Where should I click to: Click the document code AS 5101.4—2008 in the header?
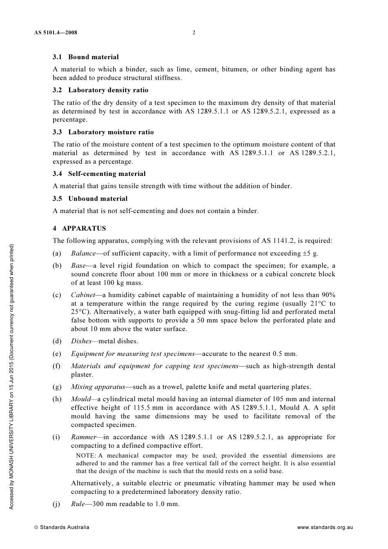point(56,33)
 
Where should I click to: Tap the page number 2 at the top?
point(194,33)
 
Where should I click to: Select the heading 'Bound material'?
point(93,57)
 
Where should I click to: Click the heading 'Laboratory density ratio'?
point(108,90)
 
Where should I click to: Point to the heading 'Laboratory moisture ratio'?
point(111,132)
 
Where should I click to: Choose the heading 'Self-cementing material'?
point(107,174)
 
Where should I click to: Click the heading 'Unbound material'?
point(98,199)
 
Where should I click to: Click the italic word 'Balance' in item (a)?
point(83,253)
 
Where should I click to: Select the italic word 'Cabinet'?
point(83,295)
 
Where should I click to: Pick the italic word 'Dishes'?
point(81,341)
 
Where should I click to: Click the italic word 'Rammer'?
point(84,437)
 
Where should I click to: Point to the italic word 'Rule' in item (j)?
point(78,504)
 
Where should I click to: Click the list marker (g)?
point(57,387)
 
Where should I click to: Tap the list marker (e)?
point(57,354)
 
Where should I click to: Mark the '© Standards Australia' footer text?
point(62,527)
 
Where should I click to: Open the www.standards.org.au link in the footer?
point(325,527)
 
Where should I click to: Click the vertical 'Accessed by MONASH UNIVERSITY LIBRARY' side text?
point(12,376)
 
